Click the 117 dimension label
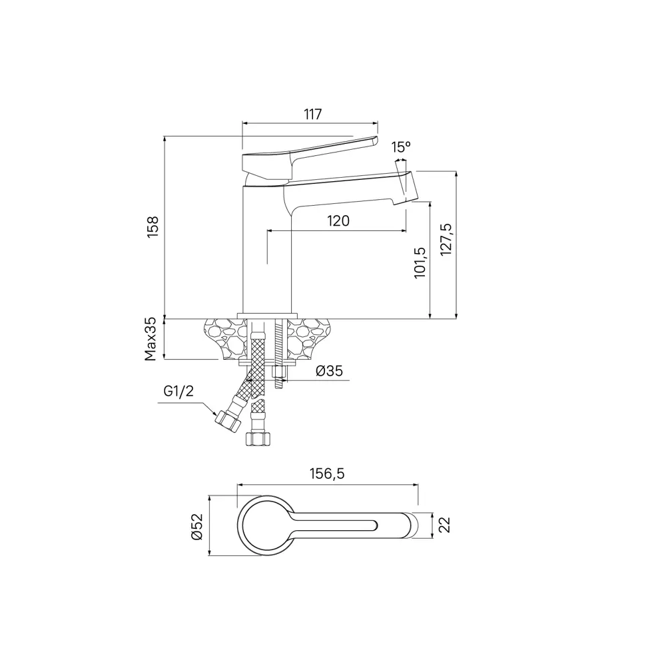(x=312, y=114)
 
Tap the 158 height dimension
(x=153, y=227)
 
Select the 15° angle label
(x=401, y=147)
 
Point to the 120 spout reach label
(x=338, y=221)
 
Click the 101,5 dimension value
(x=420, y=262)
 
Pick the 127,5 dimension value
(x=446, y=240)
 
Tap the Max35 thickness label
(x=151, y=340)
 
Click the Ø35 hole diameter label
(x=329, y=371)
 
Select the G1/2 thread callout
(x=178, y=391)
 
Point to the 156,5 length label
(x=327, y=473)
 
